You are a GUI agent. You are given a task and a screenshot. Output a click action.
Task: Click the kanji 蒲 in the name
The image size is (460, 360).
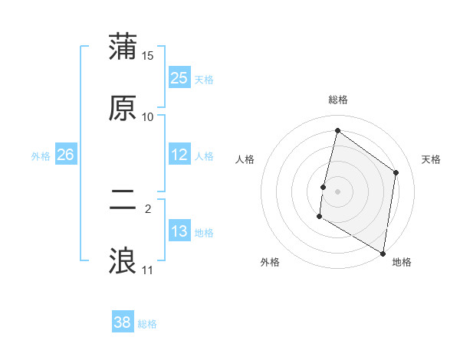123,47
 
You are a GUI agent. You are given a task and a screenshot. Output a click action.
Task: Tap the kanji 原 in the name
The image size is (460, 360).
123,108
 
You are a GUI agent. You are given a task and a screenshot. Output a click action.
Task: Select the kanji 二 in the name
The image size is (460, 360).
123,200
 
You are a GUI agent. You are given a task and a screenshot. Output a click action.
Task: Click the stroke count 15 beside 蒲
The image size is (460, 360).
148,56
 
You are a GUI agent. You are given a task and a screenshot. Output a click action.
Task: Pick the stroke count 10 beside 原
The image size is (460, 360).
148,117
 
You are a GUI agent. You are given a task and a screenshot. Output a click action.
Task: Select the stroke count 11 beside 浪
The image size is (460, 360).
148,270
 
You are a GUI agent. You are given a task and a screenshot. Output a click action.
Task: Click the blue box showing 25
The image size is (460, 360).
179,78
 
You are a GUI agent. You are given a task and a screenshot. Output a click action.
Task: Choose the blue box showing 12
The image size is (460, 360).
179,155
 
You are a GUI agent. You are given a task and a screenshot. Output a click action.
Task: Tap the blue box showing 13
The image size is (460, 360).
179,231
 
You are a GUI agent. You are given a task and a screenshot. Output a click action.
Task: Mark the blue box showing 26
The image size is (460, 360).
66,155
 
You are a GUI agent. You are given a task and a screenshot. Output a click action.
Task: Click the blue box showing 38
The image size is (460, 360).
123,322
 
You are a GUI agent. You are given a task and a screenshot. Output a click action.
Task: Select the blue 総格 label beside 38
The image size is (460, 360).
147,324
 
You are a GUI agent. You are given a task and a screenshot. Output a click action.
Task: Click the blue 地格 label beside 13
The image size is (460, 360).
204,233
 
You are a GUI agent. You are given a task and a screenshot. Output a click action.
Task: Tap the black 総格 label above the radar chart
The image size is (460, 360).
337,100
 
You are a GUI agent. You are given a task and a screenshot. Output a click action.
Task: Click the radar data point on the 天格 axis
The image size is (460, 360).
396,172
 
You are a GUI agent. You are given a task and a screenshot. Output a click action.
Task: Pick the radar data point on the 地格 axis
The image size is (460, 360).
383,253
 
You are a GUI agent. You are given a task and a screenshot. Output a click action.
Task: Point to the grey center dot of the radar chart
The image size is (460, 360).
337,191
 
